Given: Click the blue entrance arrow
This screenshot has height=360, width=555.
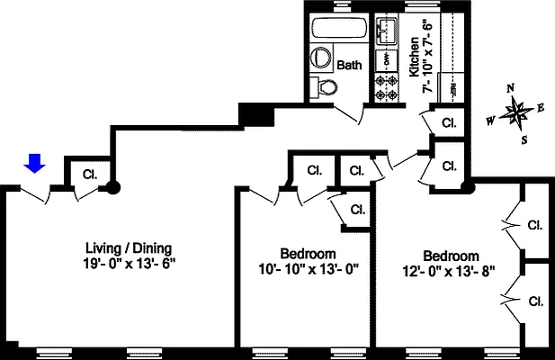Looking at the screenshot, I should pyautogui.click(x=34, y=162).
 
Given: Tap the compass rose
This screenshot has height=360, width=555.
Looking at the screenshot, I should pyautogui.click(x=516, y=112).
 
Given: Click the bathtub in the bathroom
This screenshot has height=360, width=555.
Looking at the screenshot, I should pyautogui.click(x=337, y=28).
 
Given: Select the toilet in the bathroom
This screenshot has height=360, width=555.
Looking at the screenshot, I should pyautogui.click(x=325, y=87).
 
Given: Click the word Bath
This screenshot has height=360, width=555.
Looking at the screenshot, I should pyautogui.click(x=349, y=66).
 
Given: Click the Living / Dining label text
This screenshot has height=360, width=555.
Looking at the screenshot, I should pyautogui.click(x=128, y=248).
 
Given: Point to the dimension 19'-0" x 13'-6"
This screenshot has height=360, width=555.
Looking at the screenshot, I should pyautogui.click(x=128, y=264).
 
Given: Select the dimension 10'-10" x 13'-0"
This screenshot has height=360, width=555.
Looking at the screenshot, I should pyautogui.click(x=308, y=269).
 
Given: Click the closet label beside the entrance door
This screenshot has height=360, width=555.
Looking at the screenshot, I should pyautogui.click(x=90, y=174).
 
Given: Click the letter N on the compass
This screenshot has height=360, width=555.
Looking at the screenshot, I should pyautogui.click(x=510, y=88).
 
